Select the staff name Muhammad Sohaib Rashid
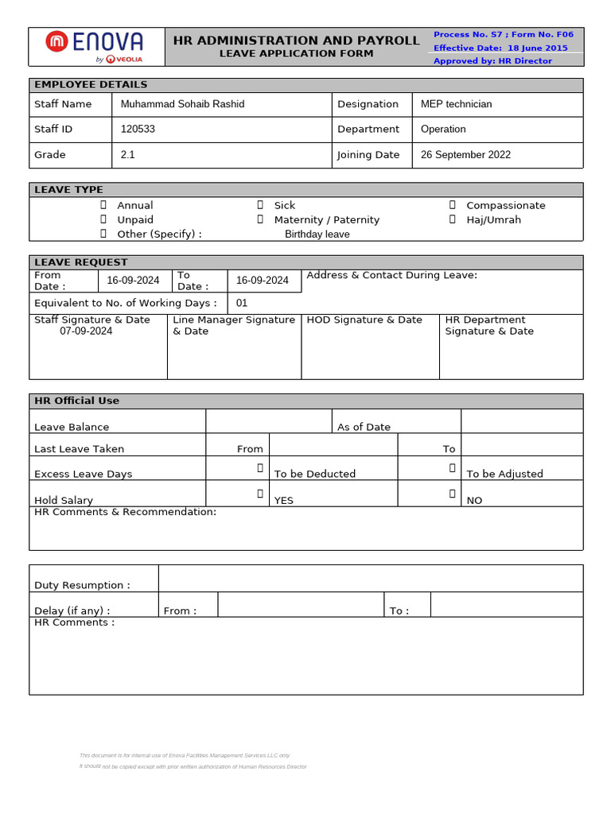point(182,104)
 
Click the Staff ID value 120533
point(138,129)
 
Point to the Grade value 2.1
point(128,155)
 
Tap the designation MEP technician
point(456,104)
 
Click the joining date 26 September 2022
point(465,155)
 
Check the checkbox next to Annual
point(103,205)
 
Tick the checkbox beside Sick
point(260,205)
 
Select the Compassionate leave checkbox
point(452,205)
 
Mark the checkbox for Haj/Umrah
point(452,219)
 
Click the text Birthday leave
point(317,235)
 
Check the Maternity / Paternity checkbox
point(260,219)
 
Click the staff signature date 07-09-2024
point(86,331)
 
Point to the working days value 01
point(242,303)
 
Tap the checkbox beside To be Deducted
point(260,468)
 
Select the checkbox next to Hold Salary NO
point(452,494)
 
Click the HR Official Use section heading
point(76,401)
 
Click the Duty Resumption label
point(82,585)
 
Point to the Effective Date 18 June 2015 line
point(500,48)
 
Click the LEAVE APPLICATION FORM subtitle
point(296,53)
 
